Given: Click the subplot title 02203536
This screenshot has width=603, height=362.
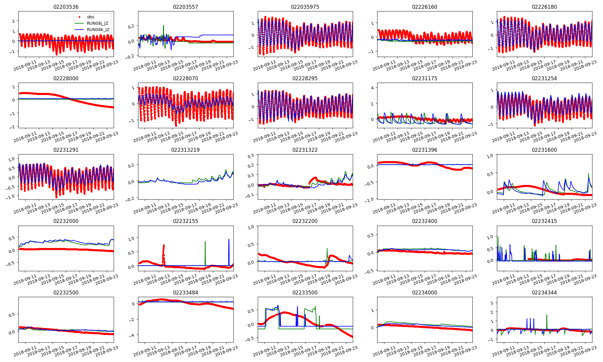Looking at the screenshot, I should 66,7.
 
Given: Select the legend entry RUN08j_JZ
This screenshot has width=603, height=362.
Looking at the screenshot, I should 97,23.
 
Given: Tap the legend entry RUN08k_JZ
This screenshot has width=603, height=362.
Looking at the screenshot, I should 98,30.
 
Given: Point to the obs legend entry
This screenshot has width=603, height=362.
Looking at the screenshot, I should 90,17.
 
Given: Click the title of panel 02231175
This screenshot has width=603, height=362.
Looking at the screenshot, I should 425,78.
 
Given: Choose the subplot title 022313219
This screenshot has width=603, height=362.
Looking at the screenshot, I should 185,150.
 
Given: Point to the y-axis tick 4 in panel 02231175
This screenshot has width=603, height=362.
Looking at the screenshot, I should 372,88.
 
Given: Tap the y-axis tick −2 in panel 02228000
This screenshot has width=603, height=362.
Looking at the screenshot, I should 12,127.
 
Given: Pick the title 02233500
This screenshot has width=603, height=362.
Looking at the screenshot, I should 305,293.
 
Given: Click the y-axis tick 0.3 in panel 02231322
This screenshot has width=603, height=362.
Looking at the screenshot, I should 251,156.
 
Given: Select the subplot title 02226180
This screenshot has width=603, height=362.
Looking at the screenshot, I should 544,7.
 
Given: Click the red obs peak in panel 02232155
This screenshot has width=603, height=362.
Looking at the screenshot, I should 164,246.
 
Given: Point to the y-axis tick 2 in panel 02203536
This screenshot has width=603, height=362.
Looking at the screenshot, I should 14,21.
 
